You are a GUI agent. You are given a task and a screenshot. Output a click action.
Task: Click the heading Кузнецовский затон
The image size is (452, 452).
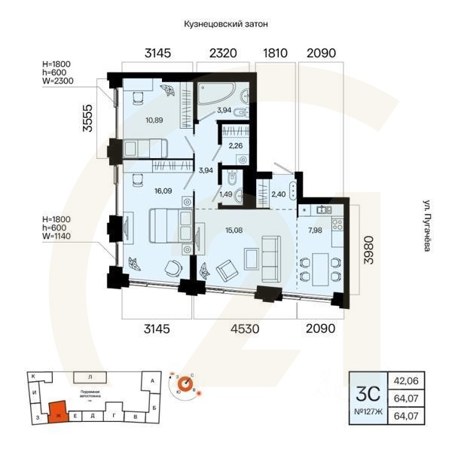click(226, 25)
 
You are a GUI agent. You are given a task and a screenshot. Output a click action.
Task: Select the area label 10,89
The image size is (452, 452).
click(134, 120)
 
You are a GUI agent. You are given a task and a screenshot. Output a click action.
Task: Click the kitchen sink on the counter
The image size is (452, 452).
click(322, 209)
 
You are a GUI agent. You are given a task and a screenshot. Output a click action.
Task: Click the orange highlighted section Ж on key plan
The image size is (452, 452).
click(57, 412)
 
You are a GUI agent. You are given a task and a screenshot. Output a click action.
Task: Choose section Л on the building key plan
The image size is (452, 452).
click(90, 375)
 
